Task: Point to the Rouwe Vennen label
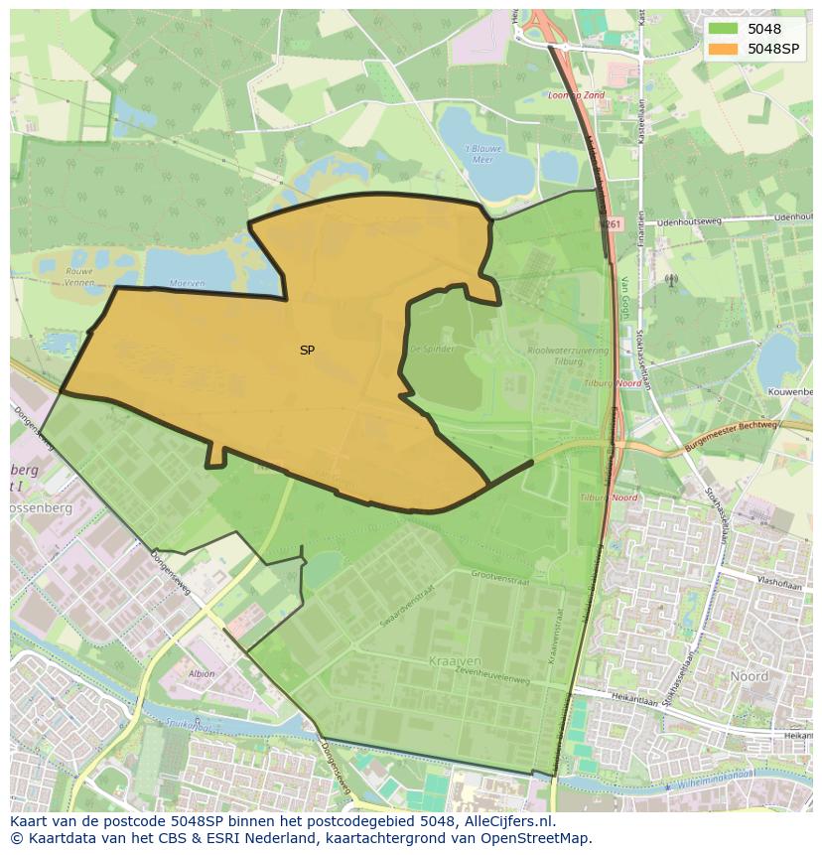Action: [78, 276]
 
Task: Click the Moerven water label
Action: [187, 283]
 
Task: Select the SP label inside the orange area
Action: [307, 351]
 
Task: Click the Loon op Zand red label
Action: [577, 95]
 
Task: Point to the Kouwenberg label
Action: [790, 392]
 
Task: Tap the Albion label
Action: [201, 673]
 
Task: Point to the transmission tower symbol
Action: [671, 281]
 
